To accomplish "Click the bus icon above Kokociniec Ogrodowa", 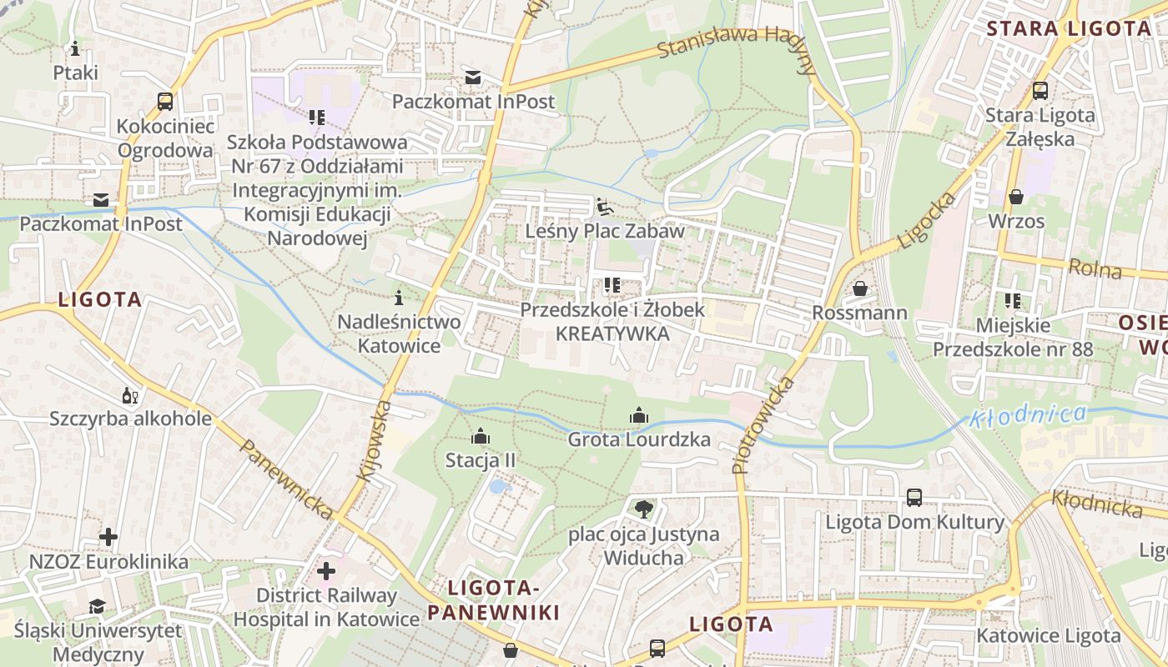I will point(165,102).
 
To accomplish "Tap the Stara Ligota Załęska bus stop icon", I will point(1040,91).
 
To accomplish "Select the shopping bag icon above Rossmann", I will point(859,288).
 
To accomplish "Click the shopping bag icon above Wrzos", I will point(1015,197).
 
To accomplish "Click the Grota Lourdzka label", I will point(639,439).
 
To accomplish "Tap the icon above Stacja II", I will point(480,436).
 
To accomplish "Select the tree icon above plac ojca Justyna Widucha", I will point(643,508).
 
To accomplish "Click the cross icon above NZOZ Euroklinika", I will point(108,536).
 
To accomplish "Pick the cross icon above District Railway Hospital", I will point(326,571).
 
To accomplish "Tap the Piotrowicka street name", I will point(763,426).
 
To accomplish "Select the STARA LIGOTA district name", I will point(1068,29).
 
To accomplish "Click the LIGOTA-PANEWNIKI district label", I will point(493,600).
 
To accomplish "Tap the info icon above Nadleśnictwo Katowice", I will point(399,297).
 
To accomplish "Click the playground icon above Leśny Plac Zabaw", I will point(605,206).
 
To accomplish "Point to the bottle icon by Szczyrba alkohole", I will point(129,394).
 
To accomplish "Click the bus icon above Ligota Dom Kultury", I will point(914,498).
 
